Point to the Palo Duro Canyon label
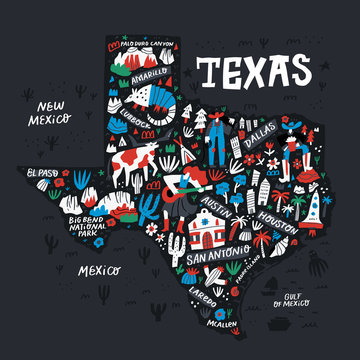tap(151, 45)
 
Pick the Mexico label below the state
tap(100, 270)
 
